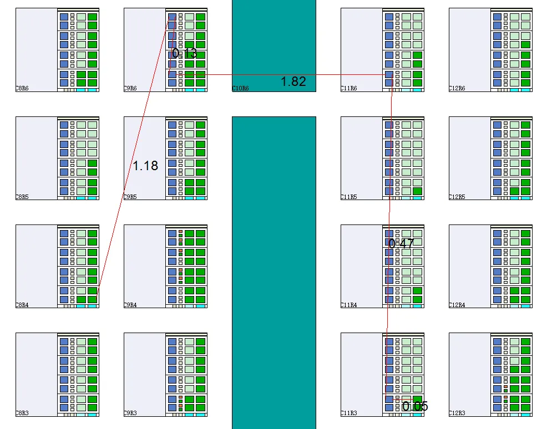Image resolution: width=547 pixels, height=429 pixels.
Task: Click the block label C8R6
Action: (22, 88)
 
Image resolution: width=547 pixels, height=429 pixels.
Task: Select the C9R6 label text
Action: (130, 88)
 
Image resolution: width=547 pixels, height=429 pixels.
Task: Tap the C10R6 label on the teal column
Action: (240, 88)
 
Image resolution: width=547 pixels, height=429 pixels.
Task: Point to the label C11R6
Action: (348, 88)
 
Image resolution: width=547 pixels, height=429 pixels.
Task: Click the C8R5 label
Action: (22, 196)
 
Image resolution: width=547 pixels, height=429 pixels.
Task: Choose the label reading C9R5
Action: (130, 196)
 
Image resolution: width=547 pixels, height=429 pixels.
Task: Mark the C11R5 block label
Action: (348, 196)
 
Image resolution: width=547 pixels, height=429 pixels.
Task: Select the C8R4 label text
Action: (22, 304)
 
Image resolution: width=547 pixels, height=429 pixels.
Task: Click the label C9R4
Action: (130, 304)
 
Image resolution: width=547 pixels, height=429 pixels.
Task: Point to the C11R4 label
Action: (348, 304)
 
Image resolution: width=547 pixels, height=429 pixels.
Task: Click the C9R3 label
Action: (130, 412)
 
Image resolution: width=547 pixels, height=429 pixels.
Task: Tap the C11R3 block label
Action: (348, 412)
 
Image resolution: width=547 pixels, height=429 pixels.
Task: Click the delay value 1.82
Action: (293, 81)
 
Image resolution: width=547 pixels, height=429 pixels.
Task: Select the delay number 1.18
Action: (145, 165)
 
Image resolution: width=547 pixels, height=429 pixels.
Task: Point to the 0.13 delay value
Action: (184, 53)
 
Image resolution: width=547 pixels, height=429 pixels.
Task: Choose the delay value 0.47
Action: (401, 243)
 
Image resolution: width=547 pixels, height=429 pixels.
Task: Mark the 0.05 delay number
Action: (415, 406)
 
